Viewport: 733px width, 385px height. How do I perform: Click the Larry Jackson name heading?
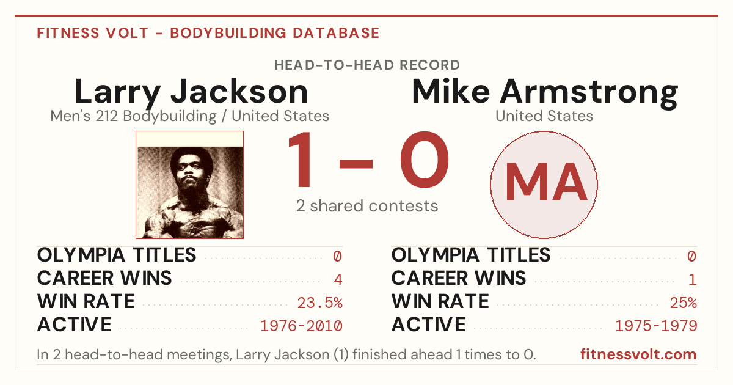[x=191, y=92]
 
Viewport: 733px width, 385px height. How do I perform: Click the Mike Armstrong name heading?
[x=545, y=92]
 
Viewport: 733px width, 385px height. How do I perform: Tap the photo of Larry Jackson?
[x=190, y=185]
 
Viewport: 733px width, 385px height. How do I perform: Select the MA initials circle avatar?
[x=544, y=185]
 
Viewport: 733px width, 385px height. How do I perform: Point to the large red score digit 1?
[x=301, y=159]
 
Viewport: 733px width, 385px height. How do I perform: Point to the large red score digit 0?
[x=425, y=159]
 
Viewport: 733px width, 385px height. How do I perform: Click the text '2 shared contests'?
[x=367, y=207]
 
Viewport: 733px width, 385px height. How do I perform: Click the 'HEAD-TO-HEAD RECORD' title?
[x=367, y=65]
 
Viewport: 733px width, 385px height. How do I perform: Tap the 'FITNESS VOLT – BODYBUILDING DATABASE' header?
[x=208, y=33]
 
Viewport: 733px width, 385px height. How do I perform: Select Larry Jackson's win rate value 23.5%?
[x=319, y=303]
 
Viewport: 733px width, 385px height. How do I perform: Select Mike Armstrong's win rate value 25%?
[x=684, y=303]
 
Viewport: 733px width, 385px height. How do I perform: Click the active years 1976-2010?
[x=301, y=326]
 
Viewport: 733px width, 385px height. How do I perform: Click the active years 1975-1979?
[x=656, y=326]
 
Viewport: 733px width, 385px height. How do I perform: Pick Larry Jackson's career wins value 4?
[x=338, y=280]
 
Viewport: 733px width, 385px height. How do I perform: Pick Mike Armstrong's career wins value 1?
[x=693, y=280]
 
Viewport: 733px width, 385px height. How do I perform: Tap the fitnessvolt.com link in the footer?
[x=638, y=354]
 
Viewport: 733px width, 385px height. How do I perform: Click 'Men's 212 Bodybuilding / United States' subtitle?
[x=190, y=116]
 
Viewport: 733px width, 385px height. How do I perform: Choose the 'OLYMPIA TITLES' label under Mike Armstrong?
[x=471, y=255]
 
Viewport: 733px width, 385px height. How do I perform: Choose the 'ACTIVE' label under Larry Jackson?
[x=75, y=324]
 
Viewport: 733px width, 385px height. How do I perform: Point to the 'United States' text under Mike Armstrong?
[x=544, y=116]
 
